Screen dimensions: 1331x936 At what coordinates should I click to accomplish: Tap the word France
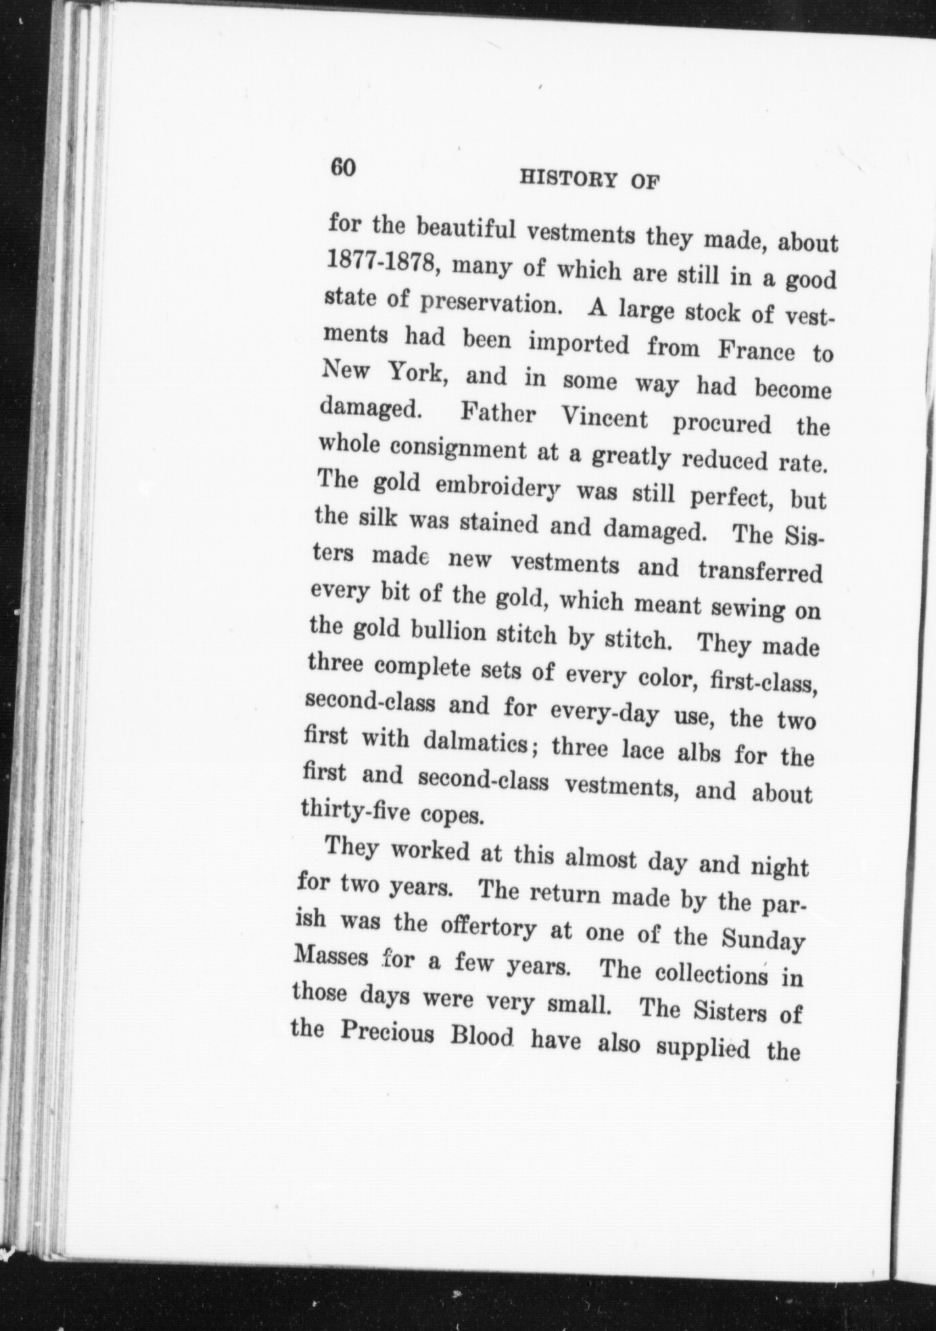755,351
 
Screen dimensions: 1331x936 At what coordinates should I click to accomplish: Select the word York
415,372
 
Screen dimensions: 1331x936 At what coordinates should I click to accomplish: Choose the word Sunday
762,940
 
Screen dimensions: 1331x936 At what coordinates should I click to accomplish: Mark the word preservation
492,304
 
